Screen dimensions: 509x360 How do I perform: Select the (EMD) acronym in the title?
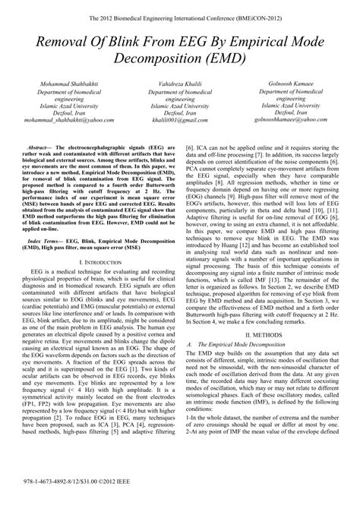[223, 57]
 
